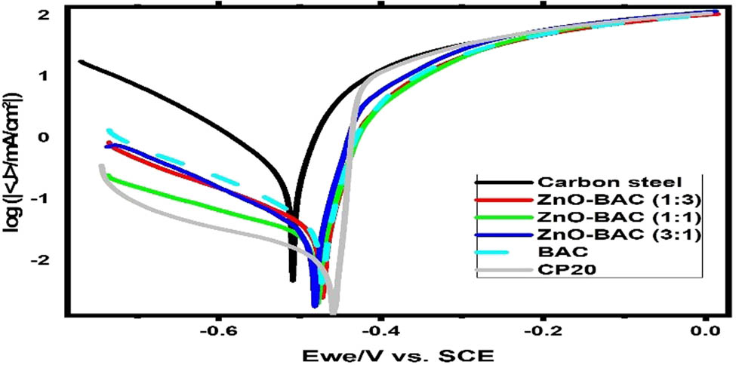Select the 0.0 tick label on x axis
pyautogui.click(x=704, y=330)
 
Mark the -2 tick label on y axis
pyautogui.click(x=41, y=260)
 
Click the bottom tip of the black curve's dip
pyautogui.click(x=293, y=281)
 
